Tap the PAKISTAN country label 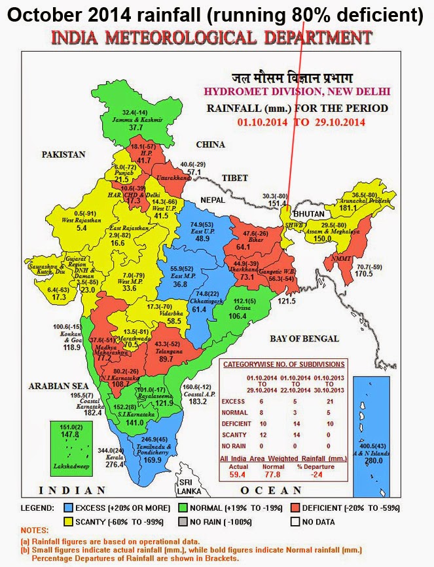point(64,155)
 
